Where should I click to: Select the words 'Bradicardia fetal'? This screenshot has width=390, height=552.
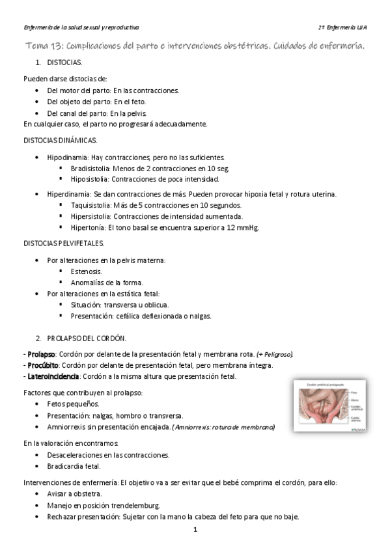click(75, 466)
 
